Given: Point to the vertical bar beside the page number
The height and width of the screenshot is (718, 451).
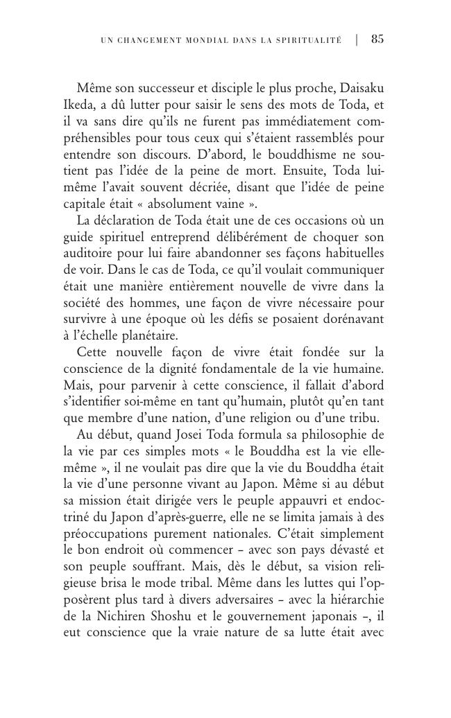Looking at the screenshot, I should [x=357, y=40].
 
